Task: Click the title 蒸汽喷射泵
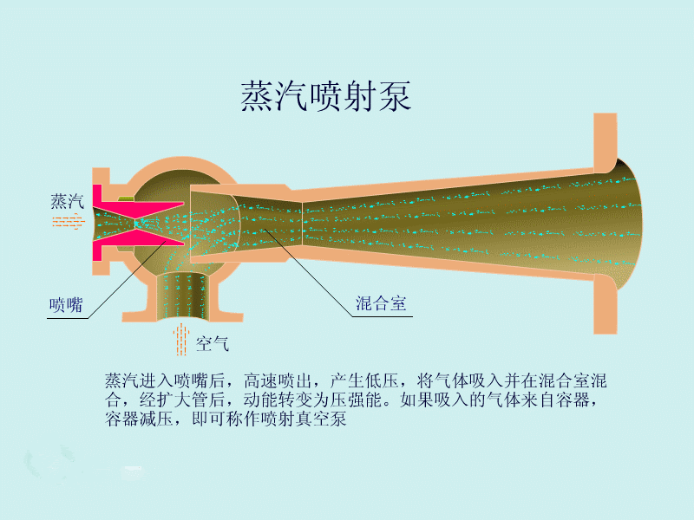[326, 96]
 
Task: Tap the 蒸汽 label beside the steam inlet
[68, 201]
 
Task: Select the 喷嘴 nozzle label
[66, 305]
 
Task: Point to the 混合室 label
[381, 303]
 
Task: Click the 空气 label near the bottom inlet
[213, 343]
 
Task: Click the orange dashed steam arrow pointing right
[69, 221]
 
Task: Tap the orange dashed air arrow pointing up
[181, 340]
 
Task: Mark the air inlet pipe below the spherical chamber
[182, 296]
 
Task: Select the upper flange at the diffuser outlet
[605, 142]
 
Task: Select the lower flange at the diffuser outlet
[605, 304]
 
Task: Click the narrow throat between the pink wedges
[135, 224]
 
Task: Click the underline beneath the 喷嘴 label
[68, 318]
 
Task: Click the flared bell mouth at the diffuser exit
[628, 224]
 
